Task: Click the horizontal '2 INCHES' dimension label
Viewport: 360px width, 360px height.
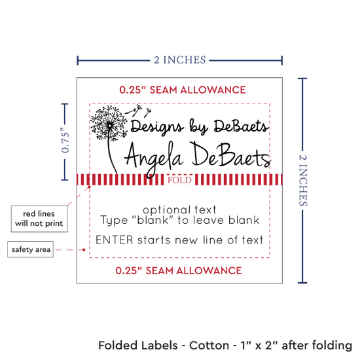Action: [180, 60]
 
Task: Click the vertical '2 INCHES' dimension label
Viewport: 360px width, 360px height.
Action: [303, 181]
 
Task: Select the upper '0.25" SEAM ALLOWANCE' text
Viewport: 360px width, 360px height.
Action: [183, 90]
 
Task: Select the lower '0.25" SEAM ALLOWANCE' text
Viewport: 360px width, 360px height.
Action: [179, 271]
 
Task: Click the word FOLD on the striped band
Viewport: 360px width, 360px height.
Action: [179, 180]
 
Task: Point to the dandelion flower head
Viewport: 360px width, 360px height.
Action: [109, 123]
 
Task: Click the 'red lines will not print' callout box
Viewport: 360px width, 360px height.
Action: [39, 219]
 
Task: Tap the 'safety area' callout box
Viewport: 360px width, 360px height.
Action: [31, 249]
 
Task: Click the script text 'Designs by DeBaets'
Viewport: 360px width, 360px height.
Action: [199, 127]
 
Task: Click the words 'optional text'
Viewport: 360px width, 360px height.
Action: [179, 209]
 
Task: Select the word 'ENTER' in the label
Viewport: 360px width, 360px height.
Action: [115, 240]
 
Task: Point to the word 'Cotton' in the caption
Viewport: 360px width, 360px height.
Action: [209, 346]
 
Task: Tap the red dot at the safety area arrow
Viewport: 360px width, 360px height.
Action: [84, 249]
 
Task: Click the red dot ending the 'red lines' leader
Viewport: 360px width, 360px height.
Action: [89, 187]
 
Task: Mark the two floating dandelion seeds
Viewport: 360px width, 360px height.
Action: [138, 111]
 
